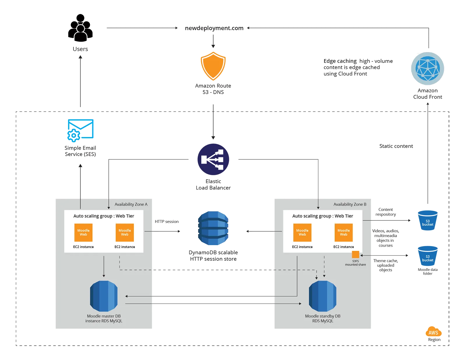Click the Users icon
[x=80, y=28]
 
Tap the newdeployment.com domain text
[x=214, y=28]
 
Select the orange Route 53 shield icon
[x=213, y=66]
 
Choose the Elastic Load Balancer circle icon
[x=213, y=159]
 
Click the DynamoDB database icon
[x=213, y=228]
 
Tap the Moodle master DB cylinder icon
[x=104, y=296]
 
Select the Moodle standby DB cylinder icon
[x=322, y=296]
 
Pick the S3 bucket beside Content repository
[x=428, y=220]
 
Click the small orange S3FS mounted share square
[x=356, y=254]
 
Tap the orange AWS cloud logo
[x=433, y=332]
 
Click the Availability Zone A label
[x=131, y=204]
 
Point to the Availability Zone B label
[x=350, y=204]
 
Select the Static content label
[x=396, y=146]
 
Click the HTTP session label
[x=167, y=221]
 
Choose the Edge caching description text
[x=358, y=67]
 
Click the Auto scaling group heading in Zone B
[x=322, y=216]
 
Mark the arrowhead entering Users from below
[x=80, y=57]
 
